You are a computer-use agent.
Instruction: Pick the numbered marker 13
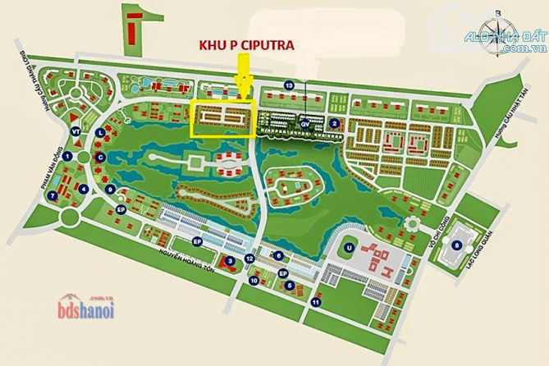click(x=289, y=85)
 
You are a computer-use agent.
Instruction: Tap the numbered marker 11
click(x=315, y=302)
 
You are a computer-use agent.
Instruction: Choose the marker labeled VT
click(x=75, y=131)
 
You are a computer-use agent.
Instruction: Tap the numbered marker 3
click(x=230, y=260)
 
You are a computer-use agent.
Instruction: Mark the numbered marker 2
click(x=335, y=124)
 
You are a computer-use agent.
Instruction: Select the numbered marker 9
click(x=109, y=190)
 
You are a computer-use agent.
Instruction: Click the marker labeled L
click(x=99, y=132)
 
